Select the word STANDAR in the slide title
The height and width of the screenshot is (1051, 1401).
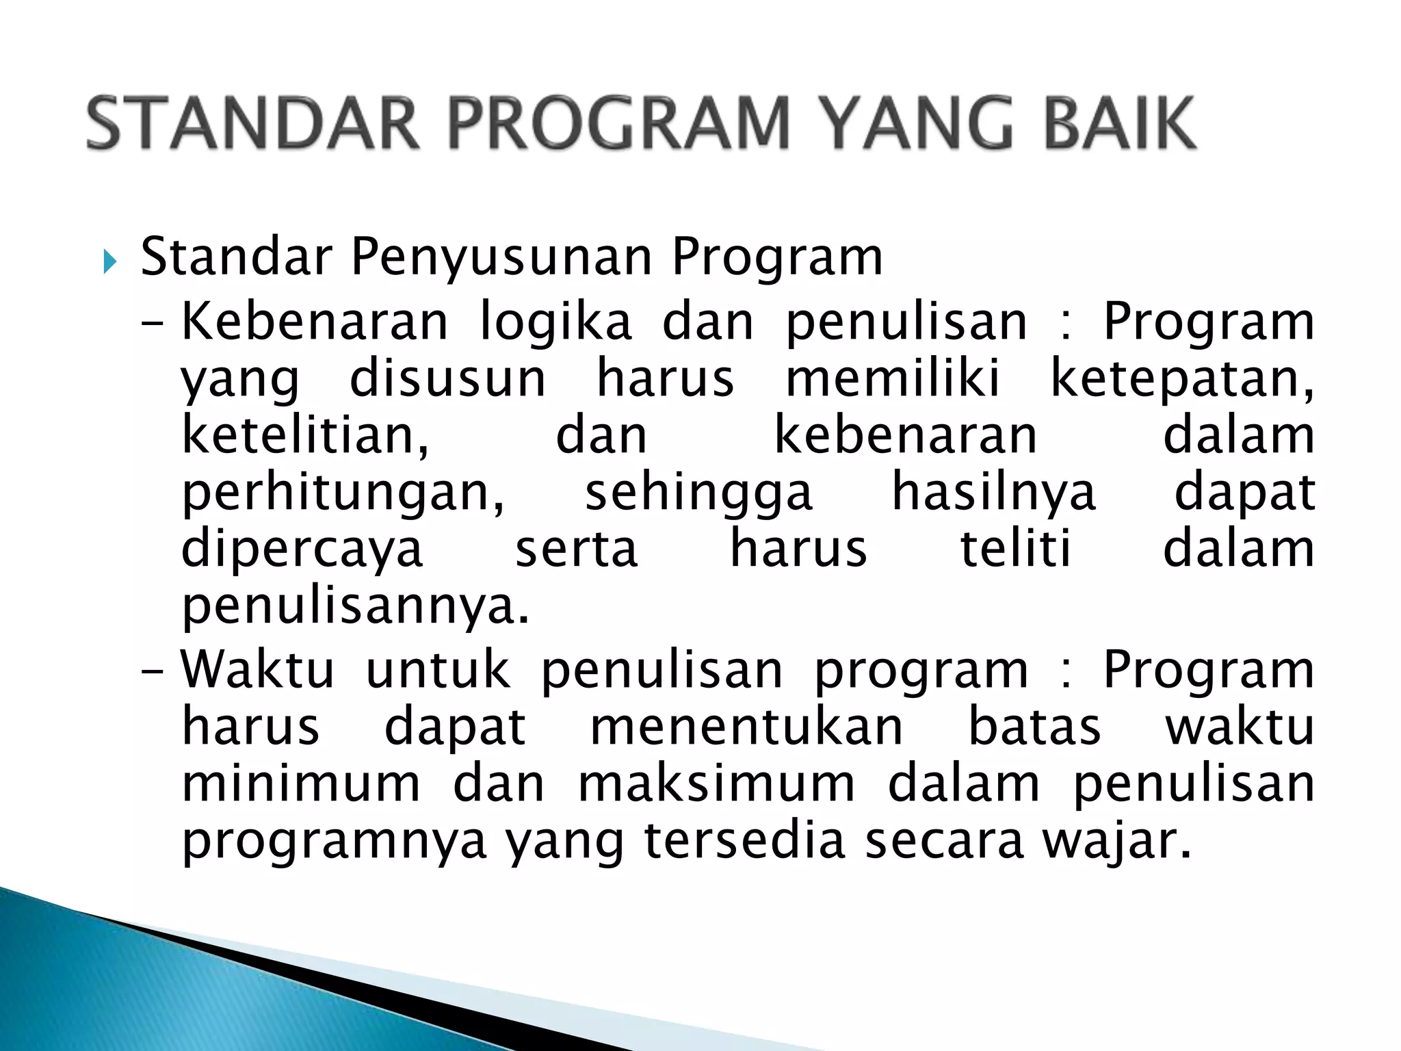253,123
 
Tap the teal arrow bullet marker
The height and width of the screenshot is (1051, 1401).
110,261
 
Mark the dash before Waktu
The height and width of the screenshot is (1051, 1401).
152,671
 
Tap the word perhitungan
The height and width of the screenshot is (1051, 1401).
343,493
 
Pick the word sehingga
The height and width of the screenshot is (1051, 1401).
698,493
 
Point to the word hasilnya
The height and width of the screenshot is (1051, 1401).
994,493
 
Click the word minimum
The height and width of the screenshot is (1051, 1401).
301,784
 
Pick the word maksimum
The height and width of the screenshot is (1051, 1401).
717,784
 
